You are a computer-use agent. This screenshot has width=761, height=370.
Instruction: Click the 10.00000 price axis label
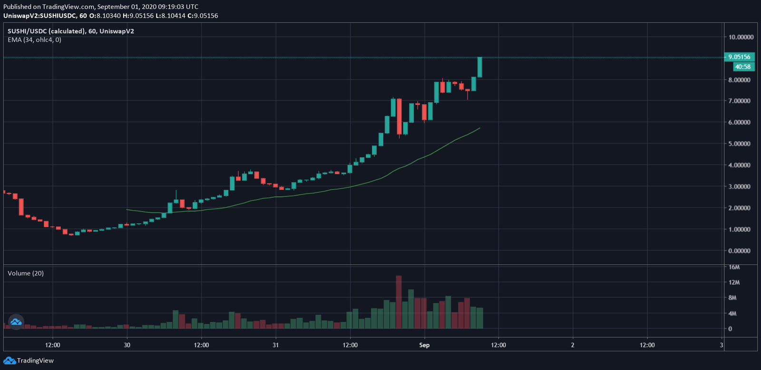pyautogui.click(x=741, y=37)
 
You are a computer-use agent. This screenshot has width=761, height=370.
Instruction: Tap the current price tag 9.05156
pyautogui.click(x=739, y=57)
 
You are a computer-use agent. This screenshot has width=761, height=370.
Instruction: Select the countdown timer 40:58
pyautogui.click(x=742, y=67)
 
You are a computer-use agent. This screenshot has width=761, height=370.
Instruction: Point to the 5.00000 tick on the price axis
pyautogui.click(x=739, y=144)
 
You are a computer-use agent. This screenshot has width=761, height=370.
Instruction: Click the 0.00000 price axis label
pyautogui.click(x=739, y=251)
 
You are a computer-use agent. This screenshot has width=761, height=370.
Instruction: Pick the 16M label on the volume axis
pyautogui.click(x=734, y=267)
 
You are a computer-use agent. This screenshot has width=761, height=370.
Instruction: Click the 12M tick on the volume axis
pyautogui.click(x=734, y=282)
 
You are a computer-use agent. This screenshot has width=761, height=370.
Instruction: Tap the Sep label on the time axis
pyautogui.click(x=424, y=345)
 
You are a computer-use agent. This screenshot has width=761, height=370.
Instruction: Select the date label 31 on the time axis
pyautogui.click(x=275, y=345)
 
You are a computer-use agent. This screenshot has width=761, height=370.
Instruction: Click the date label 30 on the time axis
pyautogui.click(x=127, y=345)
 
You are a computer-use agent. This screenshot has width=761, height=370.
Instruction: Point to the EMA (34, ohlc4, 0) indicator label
pyautogui.click(x=34, y=40)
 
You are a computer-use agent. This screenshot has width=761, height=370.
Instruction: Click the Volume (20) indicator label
pyautogui.click(x=26, y=273)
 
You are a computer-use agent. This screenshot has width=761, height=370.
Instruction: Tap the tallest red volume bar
pyautogui.click(x=399, y=302)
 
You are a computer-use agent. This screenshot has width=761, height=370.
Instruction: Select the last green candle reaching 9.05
pyautogui.click(x=480, y=67)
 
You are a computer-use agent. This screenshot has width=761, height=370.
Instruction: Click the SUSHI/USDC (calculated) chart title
pyautogui.click(x=46, y=31)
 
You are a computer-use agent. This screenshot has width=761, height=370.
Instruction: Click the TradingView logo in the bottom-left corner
pyautogui.click(x=29, y=360)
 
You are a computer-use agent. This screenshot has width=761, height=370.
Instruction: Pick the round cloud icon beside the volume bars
pyautogui.click(x=16, y=321)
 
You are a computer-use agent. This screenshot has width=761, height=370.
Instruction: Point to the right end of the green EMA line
pyautogui.click(x=479, y=128)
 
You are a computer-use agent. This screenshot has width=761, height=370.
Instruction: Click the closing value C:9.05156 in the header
pyautogui.click(x=203, y=16)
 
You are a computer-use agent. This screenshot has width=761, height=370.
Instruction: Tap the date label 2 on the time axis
pyautogui.click(x=573, y=345)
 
